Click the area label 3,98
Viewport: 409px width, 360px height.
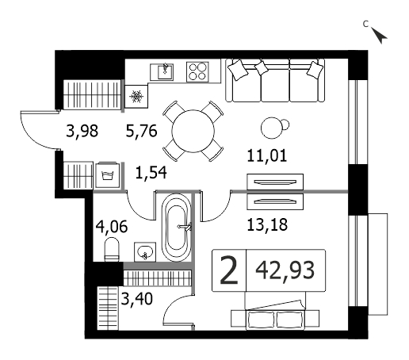[x=82, y=131]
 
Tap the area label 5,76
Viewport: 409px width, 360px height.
[x=142, y=131]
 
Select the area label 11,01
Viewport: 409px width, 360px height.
[x=267, y=155]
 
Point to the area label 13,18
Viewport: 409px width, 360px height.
[x=267, y=225]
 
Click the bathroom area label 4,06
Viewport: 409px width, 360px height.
[x=112, y=227]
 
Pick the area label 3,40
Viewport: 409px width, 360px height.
[x=137, y=299]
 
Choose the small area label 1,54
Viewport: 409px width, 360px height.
[x=151, y=173]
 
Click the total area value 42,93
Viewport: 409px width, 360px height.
[x=285, y=270]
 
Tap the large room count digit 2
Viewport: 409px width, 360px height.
[x=229, y=270]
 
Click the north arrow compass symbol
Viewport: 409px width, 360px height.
[x=379, y=35]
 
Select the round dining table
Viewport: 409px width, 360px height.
[x=193, y=131]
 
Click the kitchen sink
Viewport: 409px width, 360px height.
[x=162, y=72]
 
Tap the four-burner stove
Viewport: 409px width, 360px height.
[x=197, y=72]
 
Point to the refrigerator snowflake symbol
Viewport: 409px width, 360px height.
[x=136, y=97]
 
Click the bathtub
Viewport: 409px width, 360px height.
[x=176, y=228]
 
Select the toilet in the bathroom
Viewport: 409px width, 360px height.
[x=112, y=250]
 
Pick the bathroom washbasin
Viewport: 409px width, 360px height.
[x=145, y=252]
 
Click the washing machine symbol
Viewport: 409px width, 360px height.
[x=107, y=175]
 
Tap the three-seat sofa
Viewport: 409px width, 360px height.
[x=275, y=80]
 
